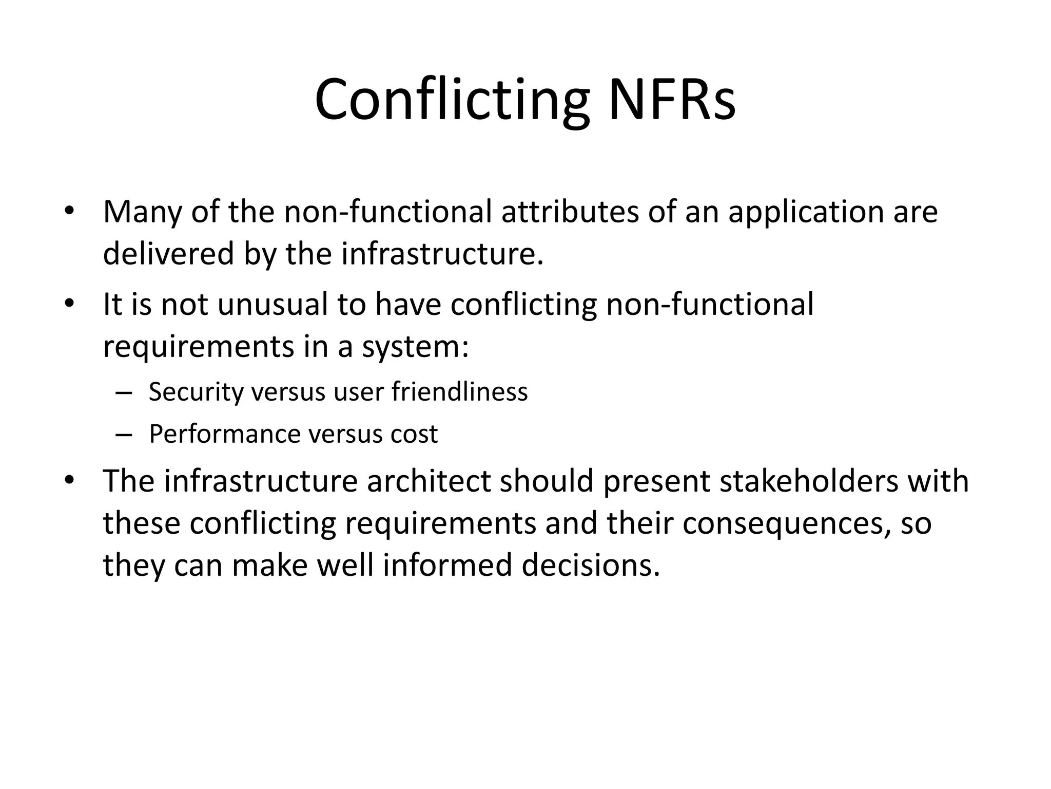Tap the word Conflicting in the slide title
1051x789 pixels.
(452, 100)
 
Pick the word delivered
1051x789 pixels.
(168, 254)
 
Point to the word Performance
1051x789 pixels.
(224, 434)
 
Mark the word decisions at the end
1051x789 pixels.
(591, 566)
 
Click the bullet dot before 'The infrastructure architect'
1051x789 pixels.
(70, 481)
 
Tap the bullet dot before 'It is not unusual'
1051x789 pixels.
(70, 304)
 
